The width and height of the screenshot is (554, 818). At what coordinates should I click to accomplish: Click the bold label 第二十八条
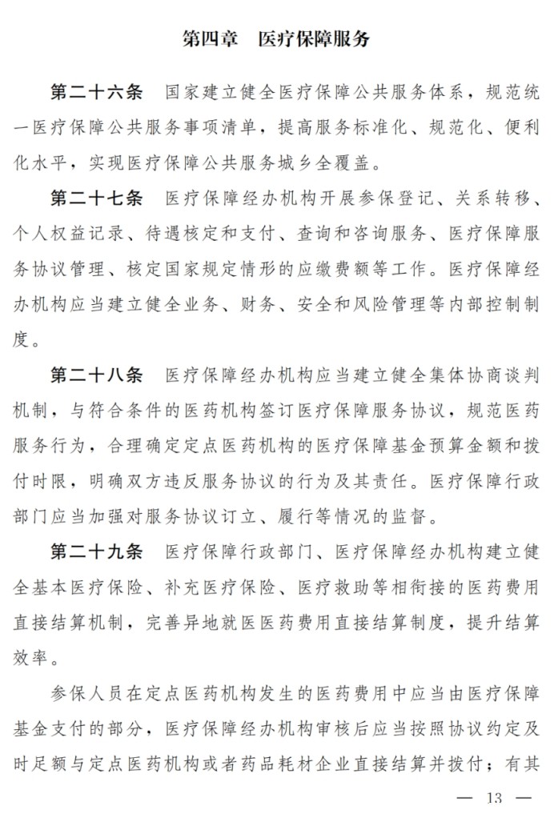pos(96,376)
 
